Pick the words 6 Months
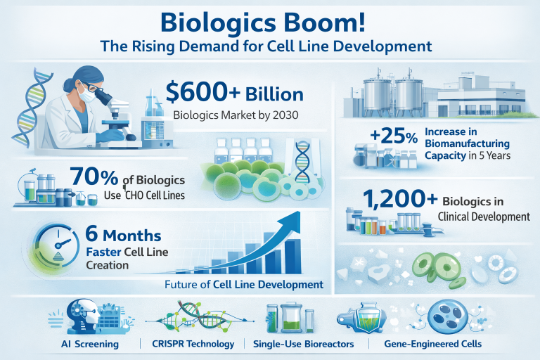[x=122, y=235]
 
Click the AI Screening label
[x=89, y=345]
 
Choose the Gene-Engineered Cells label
[x=435, y=345]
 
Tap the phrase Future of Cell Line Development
[x=243, y=285]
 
